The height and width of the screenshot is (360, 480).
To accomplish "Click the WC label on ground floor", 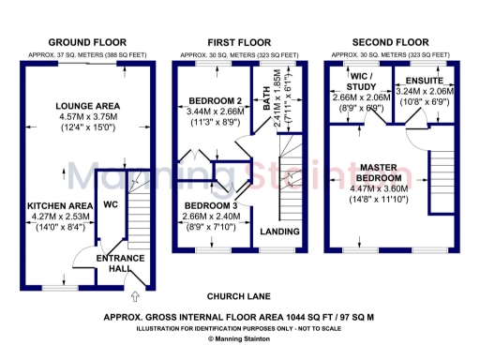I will click(110, 203).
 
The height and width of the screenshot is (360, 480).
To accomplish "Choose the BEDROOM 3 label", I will click(211, 204).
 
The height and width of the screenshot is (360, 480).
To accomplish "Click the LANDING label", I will click(279, 232).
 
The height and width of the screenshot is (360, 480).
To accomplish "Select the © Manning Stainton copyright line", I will click(240, 338).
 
